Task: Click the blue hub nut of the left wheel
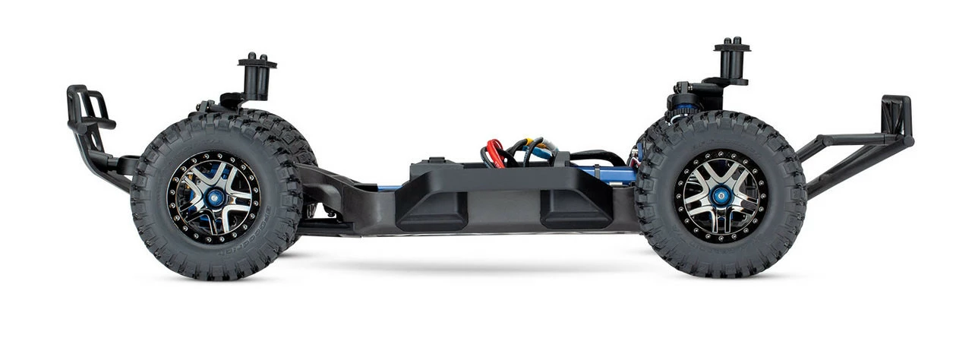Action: tap(214, 197)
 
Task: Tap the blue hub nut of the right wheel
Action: tap(721, 195)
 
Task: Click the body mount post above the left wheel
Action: tap(257, 76)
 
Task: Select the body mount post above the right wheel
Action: tap(731, 60)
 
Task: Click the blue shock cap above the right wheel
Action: tap(683, 110)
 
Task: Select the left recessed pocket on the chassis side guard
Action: tap(431, 210)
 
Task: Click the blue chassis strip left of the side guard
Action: tap(388, 187)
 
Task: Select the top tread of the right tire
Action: tap(721, 118)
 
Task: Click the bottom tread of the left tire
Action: tap(216, 275)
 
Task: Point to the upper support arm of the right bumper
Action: tap(843, 139)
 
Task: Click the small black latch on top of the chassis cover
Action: tap(435, 160)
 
